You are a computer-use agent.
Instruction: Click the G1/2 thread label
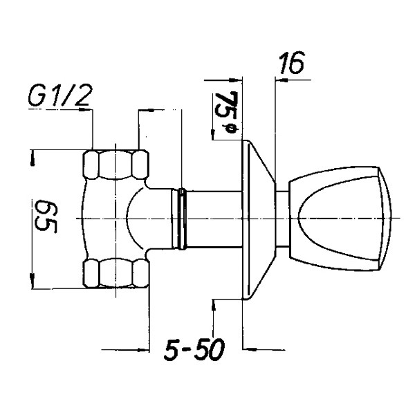click(x=61, y=95)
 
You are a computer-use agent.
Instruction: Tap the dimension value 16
click(x=292, y=63)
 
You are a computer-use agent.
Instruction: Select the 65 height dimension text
click(x=45, y=216)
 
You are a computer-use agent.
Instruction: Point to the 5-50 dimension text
click(x=194, y=349)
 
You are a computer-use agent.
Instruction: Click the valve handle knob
click(x=340, y=219)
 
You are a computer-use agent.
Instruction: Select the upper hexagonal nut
click(x=116, y=165)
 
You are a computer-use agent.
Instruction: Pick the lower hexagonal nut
click(x=116, y=273)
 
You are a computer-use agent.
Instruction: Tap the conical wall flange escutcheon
click(x=259, y=219)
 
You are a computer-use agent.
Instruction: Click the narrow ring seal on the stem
click(x=181, y=219)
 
